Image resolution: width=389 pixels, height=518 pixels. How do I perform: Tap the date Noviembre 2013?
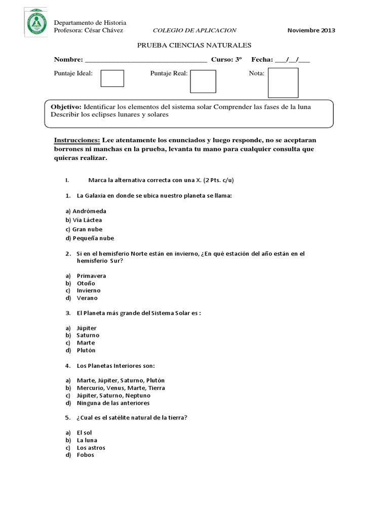click(x=311, y=31)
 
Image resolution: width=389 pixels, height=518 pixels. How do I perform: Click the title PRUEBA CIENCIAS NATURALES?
click(x=194, y=46)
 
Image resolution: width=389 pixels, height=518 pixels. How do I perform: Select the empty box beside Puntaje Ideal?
click(x=112, y=78)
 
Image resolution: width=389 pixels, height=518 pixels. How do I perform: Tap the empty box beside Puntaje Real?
click(x=203, y=81)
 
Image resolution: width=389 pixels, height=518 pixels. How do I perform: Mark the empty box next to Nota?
click(x=283, y=82)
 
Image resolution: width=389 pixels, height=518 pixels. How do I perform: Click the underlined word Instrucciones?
click(x=76, y=140)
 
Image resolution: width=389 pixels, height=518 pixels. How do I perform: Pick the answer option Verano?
click(x=87, y=298)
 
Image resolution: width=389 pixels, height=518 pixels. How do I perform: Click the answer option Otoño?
click(x=86, y=283)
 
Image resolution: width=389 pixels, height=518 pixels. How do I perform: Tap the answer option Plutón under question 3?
click(x=86, y=350)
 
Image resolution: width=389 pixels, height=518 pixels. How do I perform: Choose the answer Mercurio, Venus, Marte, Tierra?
click(x=121, y=388)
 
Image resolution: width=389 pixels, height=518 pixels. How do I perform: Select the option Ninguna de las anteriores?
click(x=113, y=403)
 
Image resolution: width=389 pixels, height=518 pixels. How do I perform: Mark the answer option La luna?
click(x=87, y=440)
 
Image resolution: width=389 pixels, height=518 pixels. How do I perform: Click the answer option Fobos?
click(x=85, y=455)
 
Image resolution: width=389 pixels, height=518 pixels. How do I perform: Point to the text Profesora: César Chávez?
click(x=89, y=31)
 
